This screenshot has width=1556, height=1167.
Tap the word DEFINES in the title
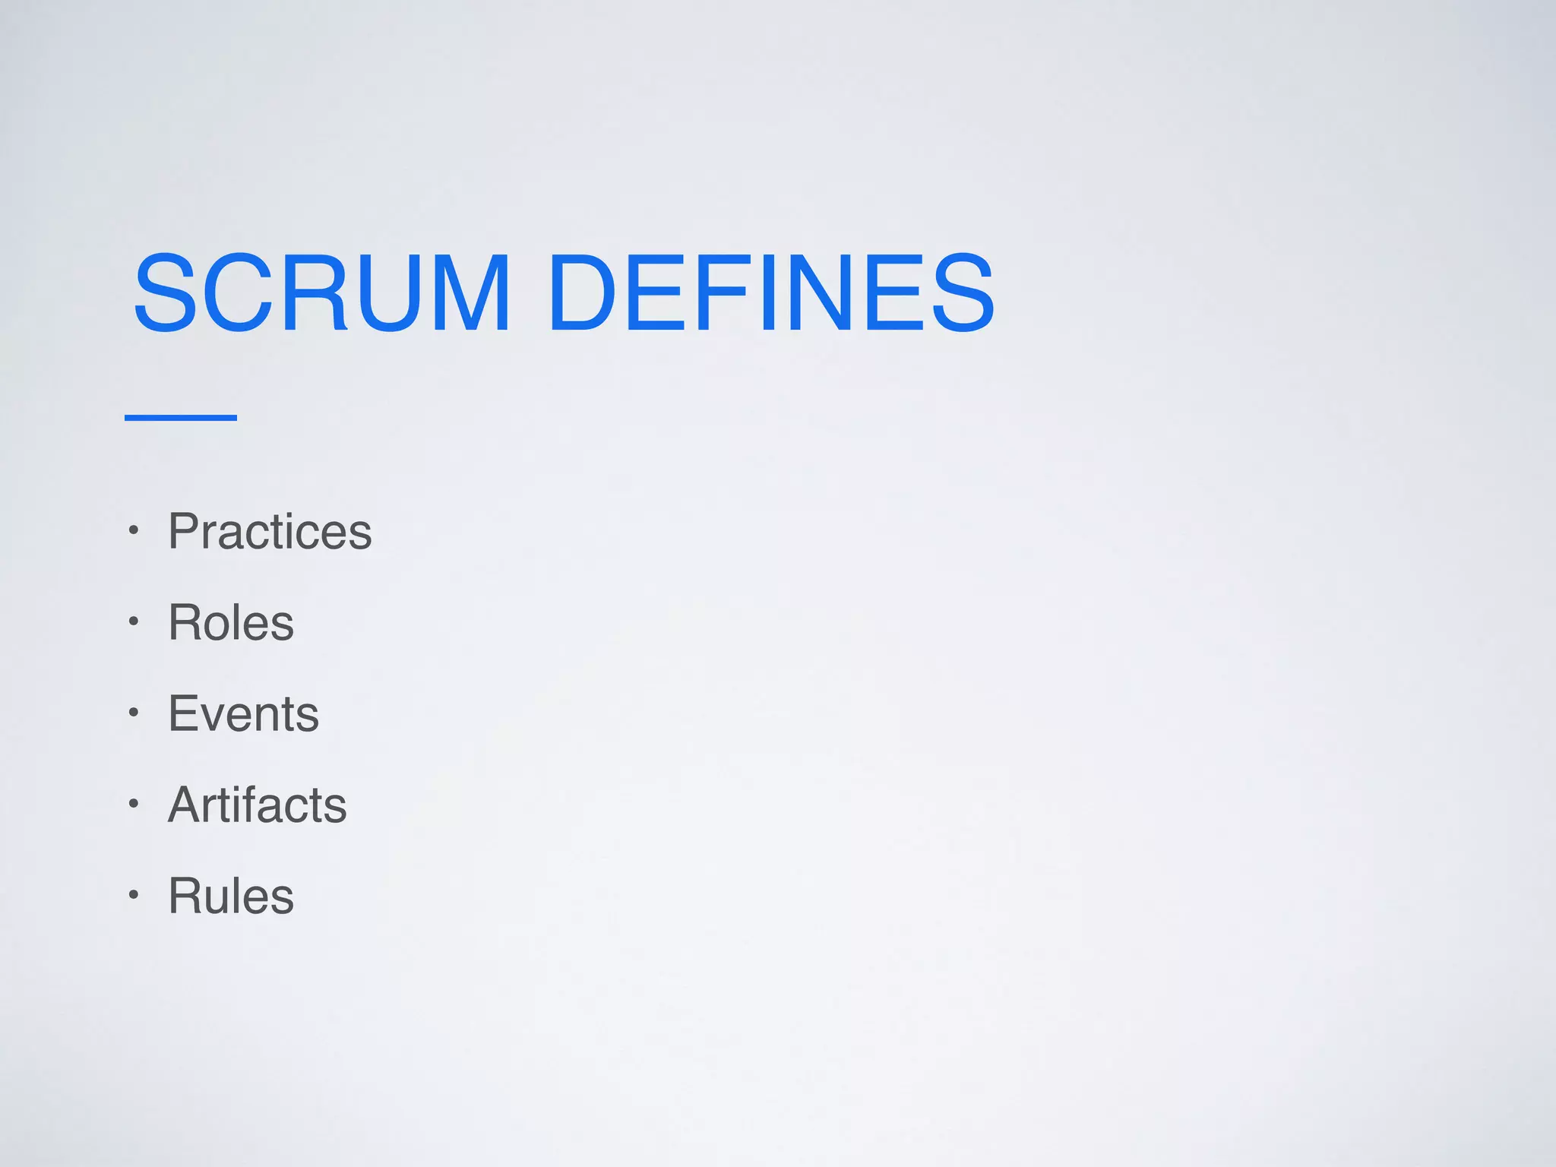[x=770, y=293]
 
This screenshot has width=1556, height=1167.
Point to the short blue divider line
[x=181, y=417]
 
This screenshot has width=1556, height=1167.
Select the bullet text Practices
[x=270, y=531]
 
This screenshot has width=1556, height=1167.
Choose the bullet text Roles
[x=231, y=622]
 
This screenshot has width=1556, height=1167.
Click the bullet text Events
[x=243, y=713]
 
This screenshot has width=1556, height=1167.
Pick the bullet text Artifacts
[x=257, y=805]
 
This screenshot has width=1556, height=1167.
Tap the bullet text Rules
[x=231, y=896]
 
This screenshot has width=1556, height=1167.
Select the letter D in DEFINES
[x=582, y=293]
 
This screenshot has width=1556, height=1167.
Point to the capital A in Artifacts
[x=187, y=805]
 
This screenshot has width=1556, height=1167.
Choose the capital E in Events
[x=185, y=713]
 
